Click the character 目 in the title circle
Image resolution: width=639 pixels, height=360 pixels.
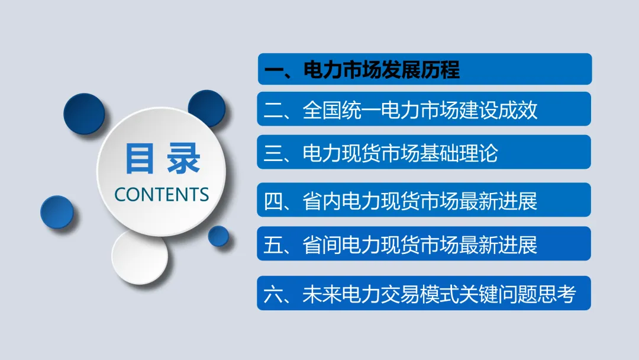pos(140,158)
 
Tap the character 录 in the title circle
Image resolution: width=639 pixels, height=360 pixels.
pos(183,158)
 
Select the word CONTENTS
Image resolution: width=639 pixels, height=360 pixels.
pos(162,194)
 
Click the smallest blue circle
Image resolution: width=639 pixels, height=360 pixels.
pos(218,236)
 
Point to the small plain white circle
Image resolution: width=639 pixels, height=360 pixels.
pos(140,258)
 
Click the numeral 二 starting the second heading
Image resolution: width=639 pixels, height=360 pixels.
pos(274,111)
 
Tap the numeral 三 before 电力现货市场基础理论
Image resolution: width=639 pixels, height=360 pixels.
pos(274,154)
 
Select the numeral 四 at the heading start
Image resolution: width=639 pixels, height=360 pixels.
pos(274,202)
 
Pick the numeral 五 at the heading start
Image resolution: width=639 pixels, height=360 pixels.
pos(274,245)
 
